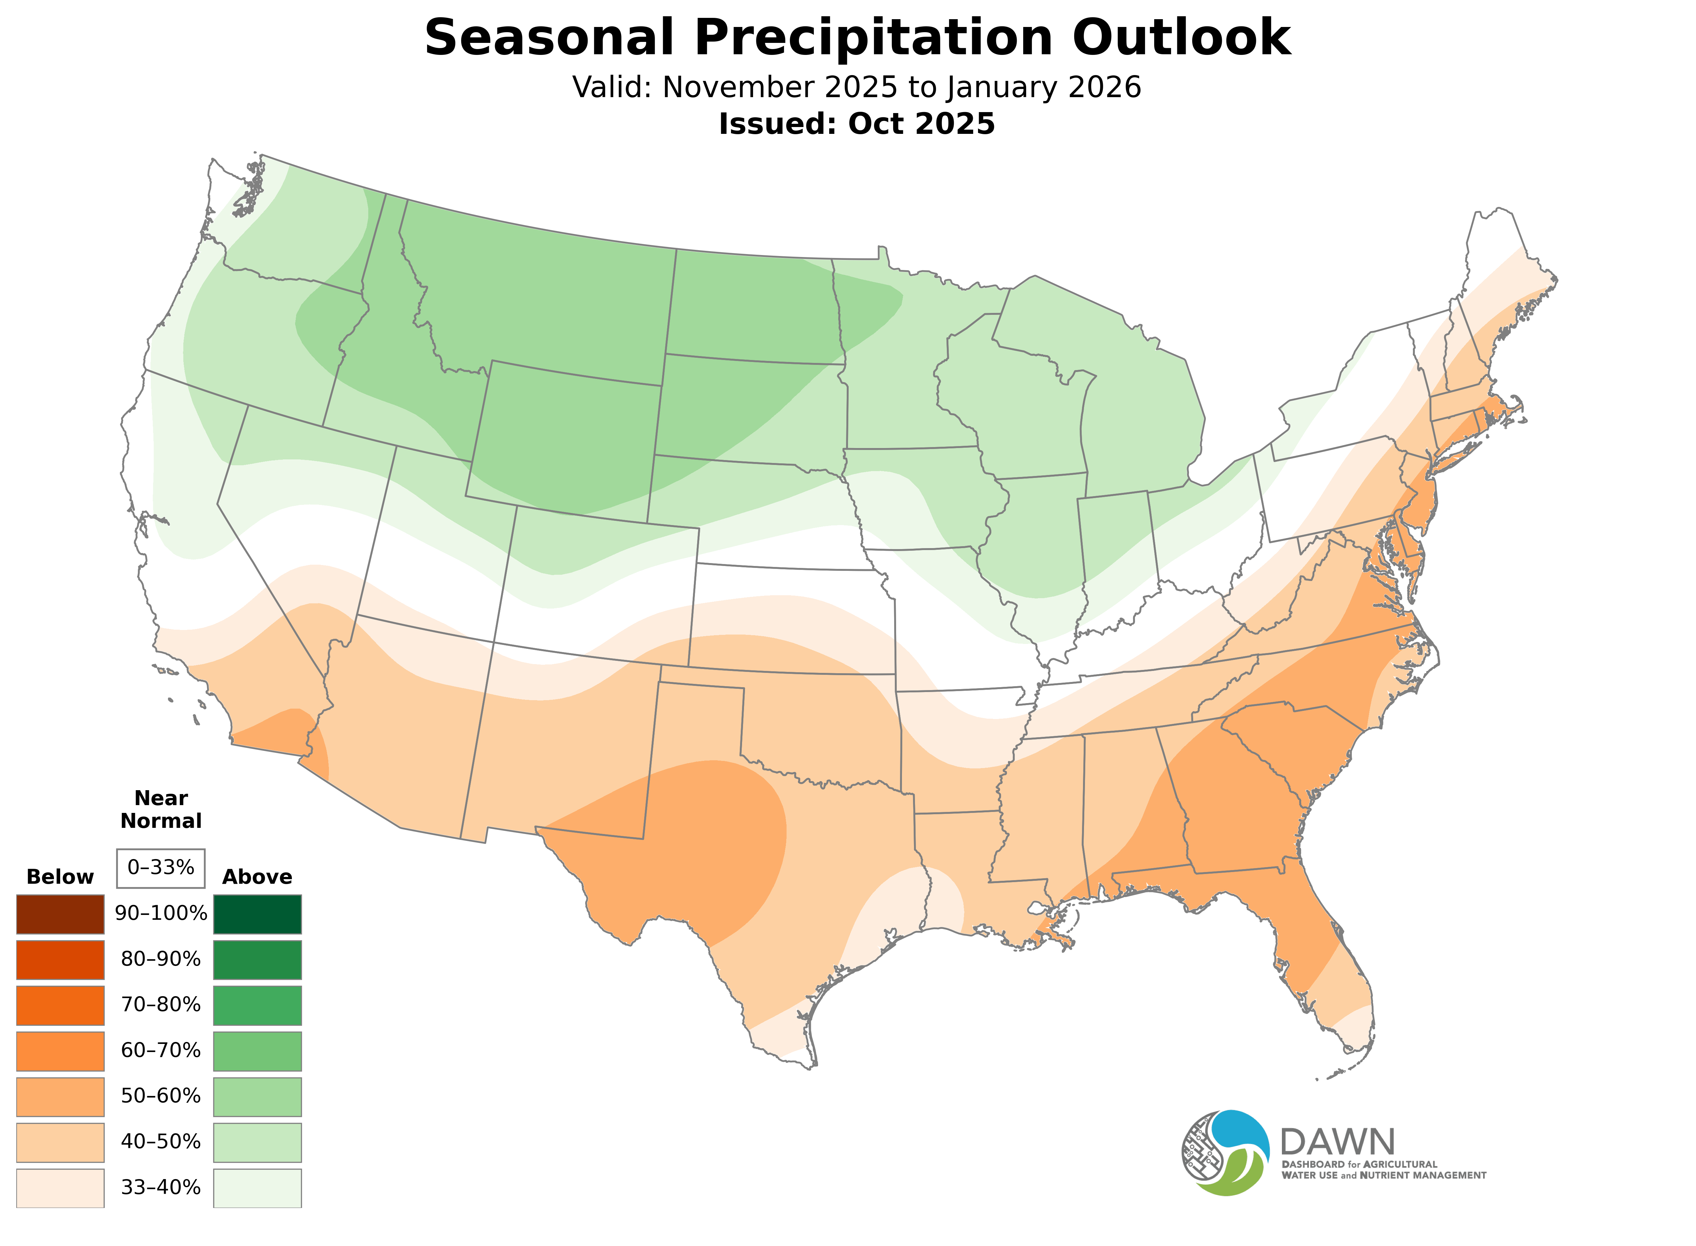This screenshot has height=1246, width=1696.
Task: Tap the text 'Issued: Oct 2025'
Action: coord(856,124)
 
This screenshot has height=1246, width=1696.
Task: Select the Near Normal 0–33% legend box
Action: coord(161,868)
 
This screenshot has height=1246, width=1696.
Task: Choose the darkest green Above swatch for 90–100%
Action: coord(257,914)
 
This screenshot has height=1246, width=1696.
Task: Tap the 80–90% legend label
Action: coord(161,959)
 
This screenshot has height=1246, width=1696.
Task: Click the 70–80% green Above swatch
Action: coord(257,1005)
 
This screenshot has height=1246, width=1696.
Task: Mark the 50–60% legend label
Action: coord(161,1096)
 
